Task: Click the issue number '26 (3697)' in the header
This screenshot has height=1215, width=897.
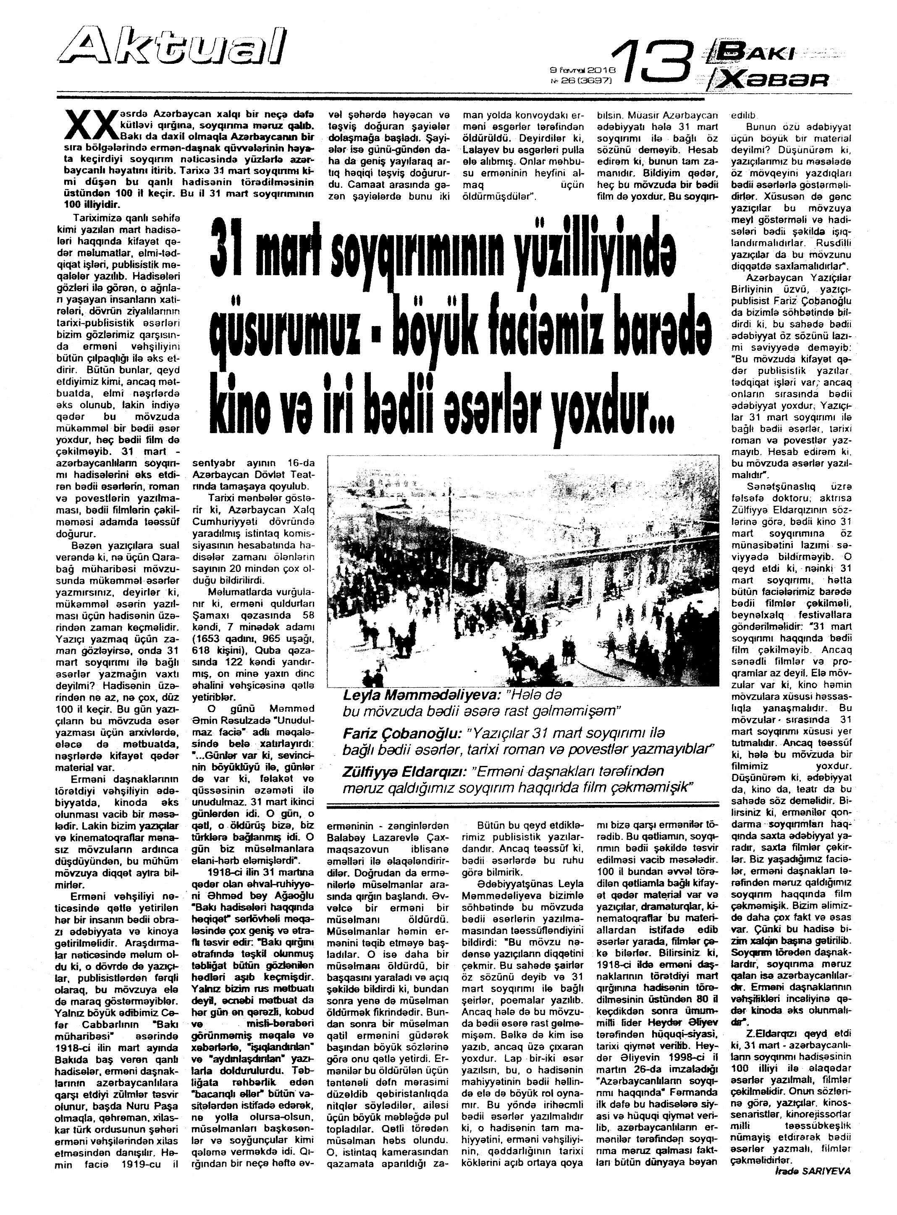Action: [x=582, y=80]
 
